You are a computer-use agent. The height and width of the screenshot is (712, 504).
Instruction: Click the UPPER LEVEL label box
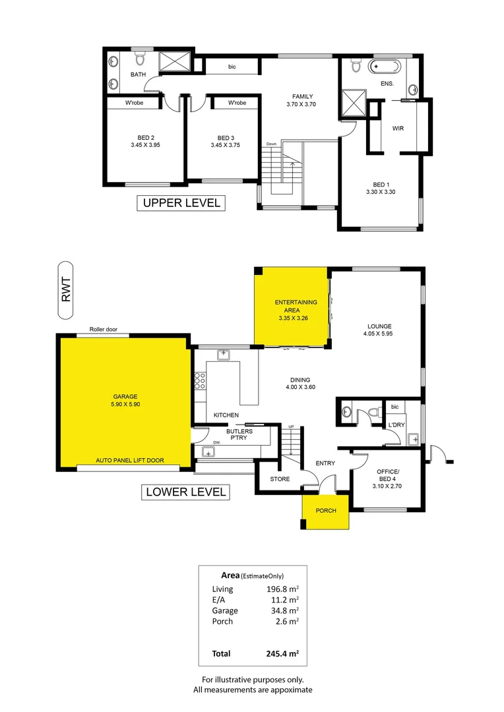coord(181,202)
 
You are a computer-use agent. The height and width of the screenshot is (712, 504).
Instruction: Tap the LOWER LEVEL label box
coord(185,491)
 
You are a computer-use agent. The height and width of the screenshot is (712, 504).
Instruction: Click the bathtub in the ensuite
coord(383,67)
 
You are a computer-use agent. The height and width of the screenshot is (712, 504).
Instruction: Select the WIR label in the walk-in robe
coord(398,129)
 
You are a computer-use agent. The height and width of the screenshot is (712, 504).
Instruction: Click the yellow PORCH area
coord(325,511)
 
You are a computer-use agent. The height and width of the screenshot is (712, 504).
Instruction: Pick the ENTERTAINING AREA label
coord(296,306)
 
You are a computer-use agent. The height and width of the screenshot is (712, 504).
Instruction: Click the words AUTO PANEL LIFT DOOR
coord(130,460)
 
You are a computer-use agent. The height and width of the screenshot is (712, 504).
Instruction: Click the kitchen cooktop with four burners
coord(200,381)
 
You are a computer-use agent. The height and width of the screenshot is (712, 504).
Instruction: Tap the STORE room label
coord(280,479)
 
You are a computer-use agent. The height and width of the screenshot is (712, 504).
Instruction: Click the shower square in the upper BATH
coord(175,63)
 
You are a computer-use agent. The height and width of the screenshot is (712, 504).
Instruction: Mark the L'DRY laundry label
coord(397,424)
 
